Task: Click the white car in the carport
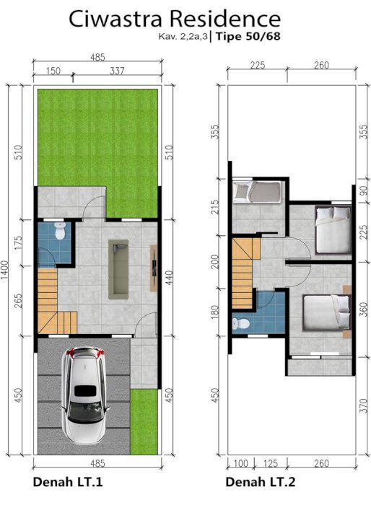click(85, 395)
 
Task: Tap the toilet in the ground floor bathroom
click(60, 231)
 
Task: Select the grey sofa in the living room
click(118, 269)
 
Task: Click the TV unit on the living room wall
click(154, 268)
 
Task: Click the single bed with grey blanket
click(257, 193)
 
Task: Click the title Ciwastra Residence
click(175, 19)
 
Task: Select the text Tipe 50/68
click(248, 36)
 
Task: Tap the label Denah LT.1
click(68, 482)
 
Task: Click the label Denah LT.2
click(261, 482)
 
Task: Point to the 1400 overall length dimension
click(6, 270)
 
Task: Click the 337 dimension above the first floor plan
click(117, 71)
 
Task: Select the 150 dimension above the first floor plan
click(53, 71)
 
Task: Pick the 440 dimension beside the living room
click(169, 277)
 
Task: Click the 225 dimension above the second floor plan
click(258, 65)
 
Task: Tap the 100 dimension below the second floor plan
click(240, 464)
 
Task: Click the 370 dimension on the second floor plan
click(363, 405)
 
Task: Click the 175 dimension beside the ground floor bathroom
click(19, 242)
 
